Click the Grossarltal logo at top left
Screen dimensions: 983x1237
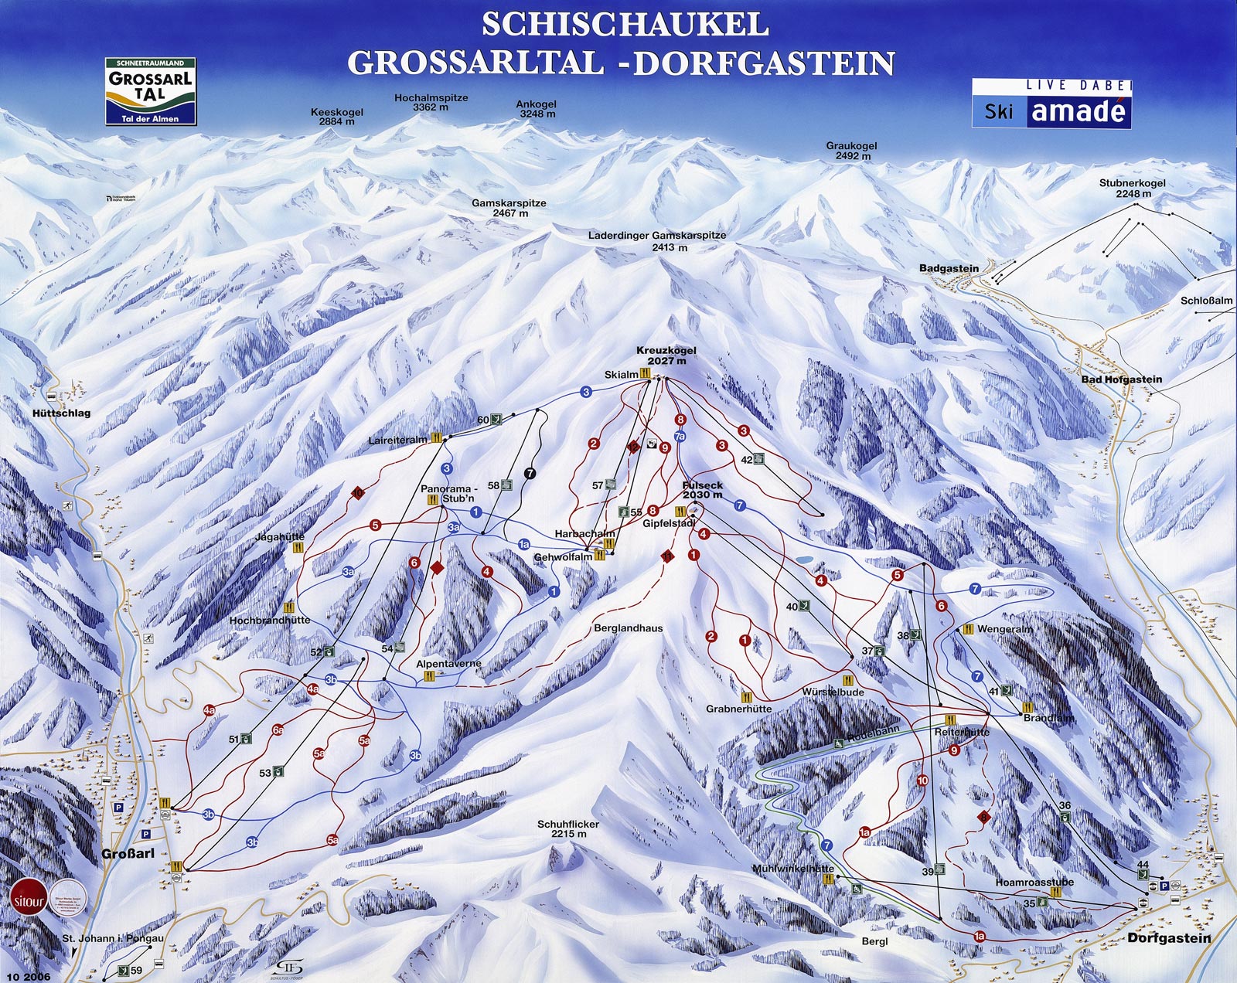pyautogui.click(x=151, y=90)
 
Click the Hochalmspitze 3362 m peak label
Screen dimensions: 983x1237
pyautogui.click(x=431, y=103)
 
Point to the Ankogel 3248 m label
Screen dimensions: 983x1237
pyautogui.click(x=537, y=109)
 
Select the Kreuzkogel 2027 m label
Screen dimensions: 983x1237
pyautogui.click(x=666, y=355)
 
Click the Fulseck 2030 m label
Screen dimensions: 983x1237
pyautogui.click(x=702, y=490)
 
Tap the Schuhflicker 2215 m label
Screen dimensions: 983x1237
pyautogui.click(x=568, y=829)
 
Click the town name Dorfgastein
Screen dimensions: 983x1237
pyautogui.click(x=1169, y=937)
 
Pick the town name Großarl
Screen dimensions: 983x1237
pyautogui.click(x=128, y=853)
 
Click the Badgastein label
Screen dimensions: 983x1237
pyautogui.click(x=949, y=268)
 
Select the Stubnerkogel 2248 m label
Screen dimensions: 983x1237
pyautogui.click(x=1133, y=189)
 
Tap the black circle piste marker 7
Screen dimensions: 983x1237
pyautogui.click(x=530, y=473)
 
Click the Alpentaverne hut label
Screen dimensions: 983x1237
pyautogui.click(x=448, y=663)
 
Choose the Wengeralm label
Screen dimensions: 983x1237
pyautogui.click(x=1004, y=629)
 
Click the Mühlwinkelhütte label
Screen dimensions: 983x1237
pyautogui.click(x=792, y=869)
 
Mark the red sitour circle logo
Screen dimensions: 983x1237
pyautogui.click(x=29, y=899)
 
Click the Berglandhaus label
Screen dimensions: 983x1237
pyautogui.click(x=628, y=628)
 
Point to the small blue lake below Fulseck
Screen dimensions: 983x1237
pyautogui.click(x=804, y=558)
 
